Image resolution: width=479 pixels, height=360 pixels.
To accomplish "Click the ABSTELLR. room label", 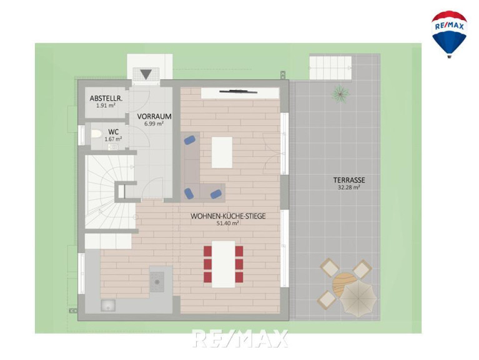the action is pyautogui.click(x=106, y=98).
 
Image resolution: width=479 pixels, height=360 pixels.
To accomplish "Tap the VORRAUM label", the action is pyautogui.click(x=154, y=116).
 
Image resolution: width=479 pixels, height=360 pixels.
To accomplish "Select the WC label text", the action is pyautogui.click(x=113, y=132).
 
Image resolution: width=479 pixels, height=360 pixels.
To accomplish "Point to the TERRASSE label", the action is pyautogui.click(x=349, y=180).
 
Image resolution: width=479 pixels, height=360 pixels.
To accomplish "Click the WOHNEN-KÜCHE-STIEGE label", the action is pyautogui.click(x=228, y=216).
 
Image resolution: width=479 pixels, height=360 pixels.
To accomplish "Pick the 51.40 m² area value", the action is pyautogui.click(x=227, y=223).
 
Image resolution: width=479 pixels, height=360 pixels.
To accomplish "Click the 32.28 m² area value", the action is pyautogui.click(x=349, y=187).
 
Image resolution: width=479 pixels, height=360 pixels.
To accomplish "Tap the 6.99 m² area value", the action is pyautogui.click(x=154, y=124).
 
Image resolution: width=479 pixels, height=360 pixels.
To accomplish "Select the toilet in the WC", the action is pyautogui.click(x=96, y=134).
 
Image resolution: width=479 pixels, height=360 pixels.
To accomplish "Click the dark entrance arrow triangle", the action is pyautogui.click(x=146, y=74).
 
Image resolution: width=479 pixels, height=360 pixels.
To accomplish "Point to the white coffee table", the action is pyautogui.click(x=222, y=152).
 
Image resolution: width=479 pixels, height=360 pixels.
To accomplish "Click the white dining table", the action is pyautogui.click(x=224, y=264).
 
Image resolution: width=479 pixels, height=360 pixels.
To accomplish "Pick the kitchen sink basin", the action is pyautogui.click(x=108, y=305).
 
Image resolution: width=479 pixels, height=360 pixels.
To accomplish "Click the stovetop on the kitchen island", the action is pyautogui.click(x=157, y=281).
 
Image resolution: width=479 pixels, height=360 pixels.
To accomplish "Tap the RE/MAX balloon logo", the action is pyautogui.click(x=449, y=34).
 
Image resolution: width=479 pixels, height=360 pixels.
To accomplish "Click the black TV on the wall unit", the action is pyautogui.click(x=238, y=91).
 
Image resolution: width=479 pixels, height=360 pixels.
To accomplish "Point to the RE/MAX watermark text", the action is pyautogui.click(x=240, y=338).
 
